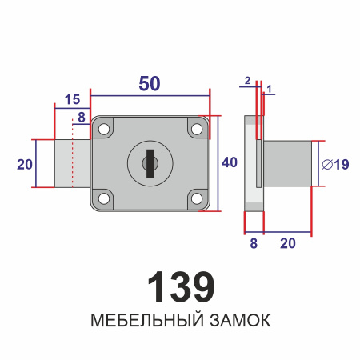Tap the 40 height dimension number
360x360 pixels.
[230, 163]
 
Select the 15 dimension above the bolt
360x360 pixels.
[72, 99]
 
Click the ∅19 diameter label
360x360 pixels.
[334, 165]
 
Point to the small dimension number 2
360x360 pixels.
[248, 80]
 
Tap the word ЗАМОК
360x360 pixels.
[236, 322]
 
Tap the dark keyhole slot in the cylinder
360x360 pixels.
[148, 163]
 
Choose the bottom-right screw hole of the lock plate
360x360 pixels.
[195, 198]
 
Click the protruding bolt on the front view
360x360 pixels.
[72, 163]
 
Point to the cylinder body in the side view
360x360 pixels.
[287, 163]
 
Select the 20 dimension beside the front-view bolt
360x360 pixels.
[25, 163]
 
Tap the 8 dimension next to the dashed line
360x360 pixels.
[79, 118]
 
